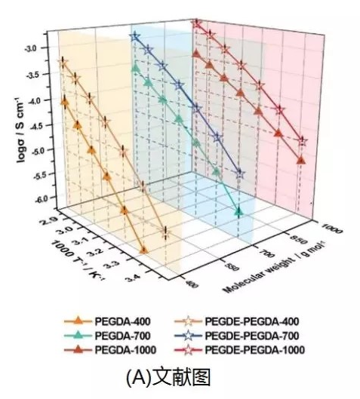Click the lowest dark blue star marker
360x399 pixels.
[x=240, y=174]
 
